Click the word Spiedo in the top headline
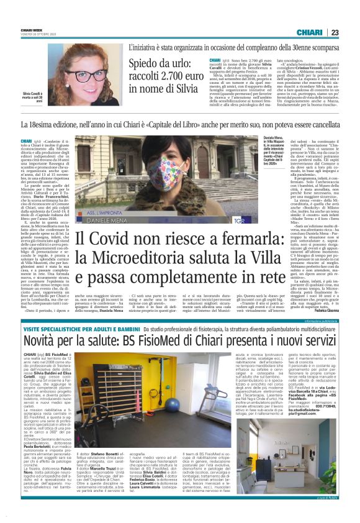point(146,65)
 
